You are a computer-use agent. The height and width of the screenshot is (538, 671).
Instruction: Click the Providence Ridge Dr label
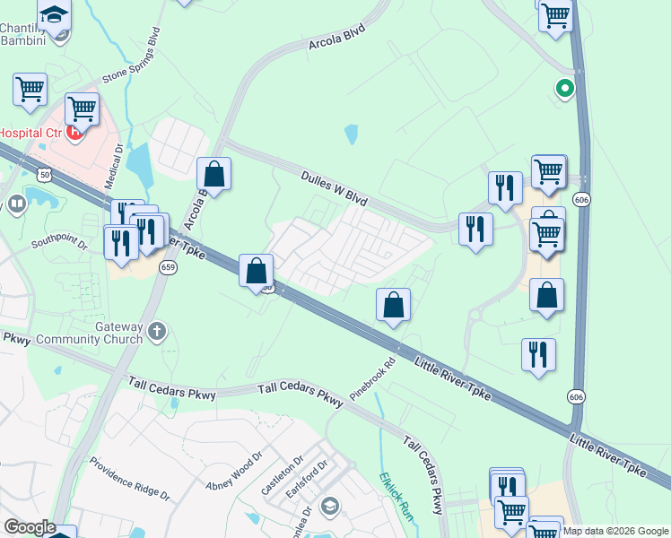pos(129,480)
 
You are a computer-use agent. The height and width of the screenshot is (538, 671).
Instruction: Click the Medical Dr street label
pos(114,167)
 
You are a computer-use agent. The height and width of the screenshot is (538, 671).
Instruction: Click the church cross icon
pos(157,332)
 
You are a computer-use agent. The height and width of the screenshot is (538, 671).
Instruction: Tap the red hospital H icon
pos(76,134)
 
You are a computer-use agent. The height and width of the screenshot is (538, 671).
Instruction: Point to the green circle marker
pos(564,88)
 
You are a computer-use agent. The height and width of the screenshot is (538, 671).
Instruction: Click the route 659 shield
pos(167,268)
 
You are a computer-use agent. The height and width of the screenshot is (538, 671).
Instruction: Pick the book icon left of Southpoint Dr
pos(17,205)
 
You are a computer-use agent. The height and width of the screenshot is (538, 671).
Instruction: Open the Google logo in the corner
pos(30,527)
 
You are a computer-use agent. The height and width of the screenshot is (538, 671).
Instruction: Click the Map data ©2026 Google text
pos(615,531)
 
